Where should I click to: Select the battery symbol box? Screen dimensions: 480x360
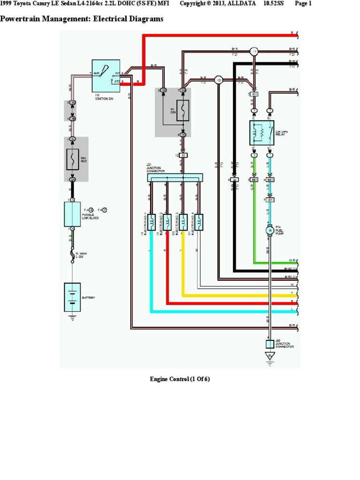tap(72, 297)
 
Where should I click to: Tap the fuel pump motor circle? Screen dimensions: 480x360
tap(270, 230)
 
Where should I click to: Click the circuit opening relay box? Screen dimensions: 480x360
tap(262, 132)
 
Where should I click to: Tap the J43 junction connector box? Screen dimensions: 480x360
tap(270, 344)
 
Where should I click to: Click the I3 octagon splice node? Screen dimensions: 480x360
tap(218, 81)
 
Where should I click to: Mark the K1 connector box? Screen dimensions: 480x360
tap(255, 95)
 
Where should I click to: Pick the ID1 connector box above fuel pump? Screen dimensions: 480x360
tap(270, 200)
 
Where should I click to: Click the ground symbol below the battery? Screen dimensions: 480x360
tap(72, 317)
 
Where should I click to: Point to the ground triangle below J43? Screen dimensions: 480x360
tap(270, 356)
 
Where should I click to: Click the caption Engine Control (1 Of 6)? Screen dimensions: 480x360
tap(180, 379)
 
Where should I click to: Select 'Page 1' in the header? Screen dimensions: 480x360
tap(303, 4)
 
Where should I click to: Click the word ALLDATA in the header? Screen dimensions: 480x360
tap(238, 4)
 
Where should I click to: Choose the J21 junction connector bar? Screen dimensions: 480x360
tap(175, 178)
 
